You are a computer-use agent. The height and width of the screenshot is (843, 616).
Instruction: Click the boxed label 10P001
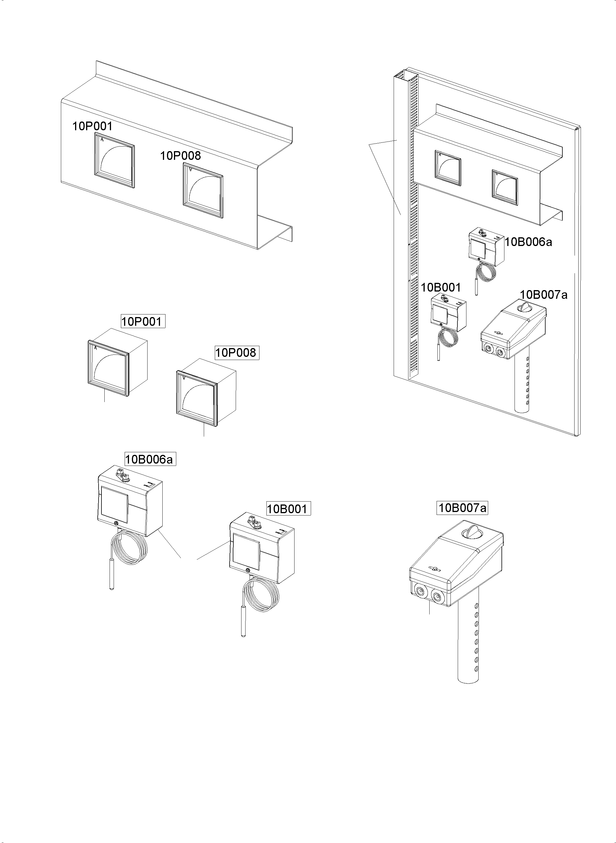tap(143, 321)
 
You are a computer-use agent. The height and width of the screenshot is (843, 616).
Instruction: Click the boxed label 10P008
tap(237, 353)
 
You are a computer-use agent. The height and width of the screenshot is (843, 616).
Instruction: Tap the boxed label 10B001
tap(288, 509)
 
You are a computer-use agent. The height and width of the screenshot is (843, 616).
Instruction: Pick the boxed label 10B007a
tap(462, 508)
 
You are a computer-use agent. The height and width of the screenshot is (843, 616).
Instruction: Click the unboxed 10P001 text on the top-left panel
tap(92, 126)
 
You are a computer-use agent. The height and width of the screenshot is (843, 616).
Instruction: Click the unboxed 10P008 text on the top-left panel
tap(181, 155)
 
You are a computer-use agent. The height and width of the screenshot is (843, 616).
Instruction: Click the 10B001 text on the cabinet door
tap(441, 287)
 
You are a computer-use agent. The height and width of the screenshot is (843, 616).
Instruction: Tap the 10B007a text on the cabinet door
tap(544, 295)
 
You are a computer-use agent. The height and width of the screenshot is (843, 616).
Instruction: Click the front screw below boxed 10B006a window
tap(117, 523)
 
